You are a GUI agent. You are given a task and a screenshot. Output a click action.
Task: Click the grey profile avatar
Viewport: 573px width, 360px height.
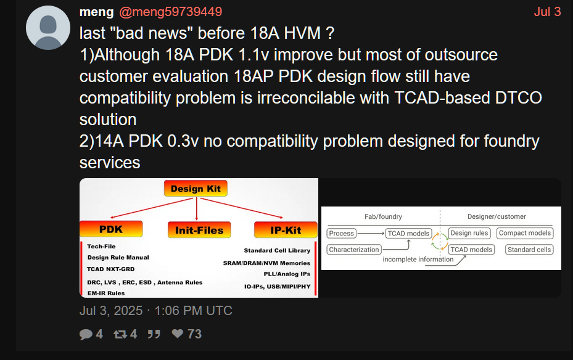[x=48, y=28]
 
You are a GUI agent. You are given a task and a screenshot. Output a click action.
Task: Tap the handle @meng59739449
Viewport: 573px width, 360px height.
[x=171, y=12]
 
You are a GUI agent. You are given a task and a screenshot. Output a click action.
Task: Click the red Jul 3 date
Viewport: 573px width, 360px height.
[x=547, y=12]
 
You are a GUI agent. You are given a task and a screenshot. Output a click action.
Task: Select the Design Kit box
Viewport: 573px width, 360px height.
[x=196, y=189]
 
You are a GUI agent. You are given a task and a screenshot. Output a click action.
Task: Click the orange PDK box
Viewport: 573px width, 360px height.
[x=111, y=229]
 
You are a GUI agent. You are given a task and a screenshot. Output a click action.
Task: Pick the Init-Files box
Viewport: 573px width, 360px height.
[x=199, y=230]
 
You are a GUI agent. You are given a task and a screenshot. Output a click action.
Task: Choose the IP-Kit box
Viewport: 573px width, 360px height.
[x=286, y=230]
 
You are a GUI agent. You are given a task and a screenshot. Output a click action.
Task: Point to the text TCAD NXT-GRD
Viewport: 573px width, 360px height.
[x=111, y=269]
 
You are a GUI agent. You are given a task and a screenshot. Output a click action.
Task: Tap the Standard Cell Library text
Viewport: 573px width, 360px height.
[x=277, y=250]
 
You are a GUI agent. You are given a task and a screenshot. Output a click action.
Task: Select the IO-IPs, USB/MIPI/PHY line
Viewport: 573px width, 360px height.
[x=278, y=287]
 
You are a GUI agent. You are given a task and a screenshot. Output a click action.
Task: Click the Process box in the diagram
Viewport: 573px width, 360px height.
[x=341, y=233]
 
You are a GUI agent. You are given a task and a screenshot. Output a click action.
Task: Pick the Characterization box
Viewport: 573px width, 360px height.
[x=354, y=250]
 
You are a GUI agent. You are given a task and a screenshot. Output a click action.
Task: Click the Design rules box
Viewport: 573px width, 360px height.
[x=469, y=233]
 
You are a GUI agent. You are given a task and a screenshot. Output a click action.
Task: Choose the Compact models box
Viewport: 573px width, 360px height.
[x=525, y=233]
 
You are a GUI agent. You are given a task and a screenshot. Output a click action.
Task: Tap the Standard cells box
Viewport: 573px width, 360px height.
[x=529, y=250]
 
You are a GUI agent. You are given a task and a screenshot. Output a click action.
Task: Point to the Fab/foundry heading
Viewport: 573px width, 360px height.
[x=383, y=216]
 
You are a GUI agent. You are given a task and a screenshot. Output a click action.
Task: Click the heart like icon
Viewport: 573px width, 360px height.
[x=178, y=333]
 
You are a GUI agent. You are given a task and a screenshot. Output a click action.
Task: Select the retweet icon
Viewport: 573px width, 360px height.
[x=120, y=333]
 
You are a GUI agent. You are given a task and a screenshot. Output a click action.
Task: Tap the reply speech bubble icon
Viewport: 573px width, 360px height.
[x=86, y=334]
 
